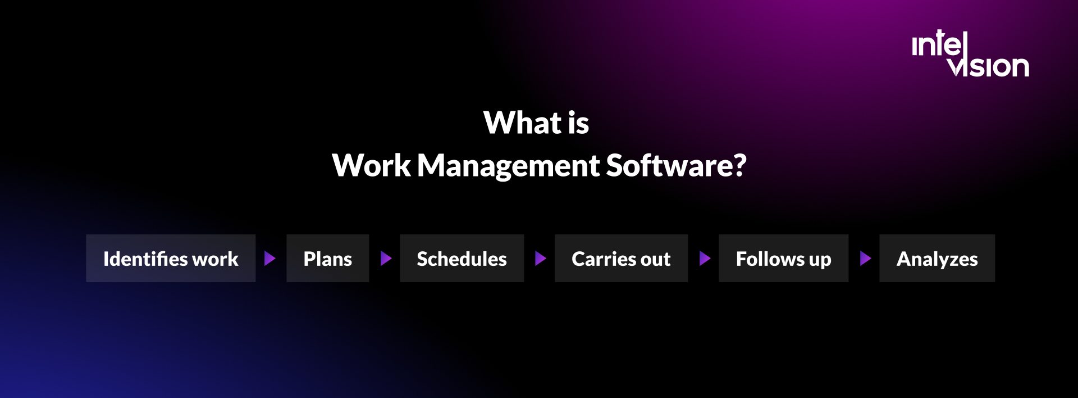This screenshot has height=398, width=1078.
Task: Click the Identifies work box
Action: pos(171,259)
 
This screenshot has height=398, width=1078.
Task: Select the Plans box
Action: pos(327,259)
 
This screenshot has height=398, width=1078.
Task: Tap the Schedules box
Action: pos(462,259)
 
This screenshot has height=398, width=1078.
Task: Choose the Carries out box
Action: pos(621,259)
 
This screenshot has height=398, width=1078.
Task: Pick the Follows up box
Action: pos(783,259)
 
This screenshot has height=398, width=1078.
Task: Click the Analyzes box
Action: pos(937,259)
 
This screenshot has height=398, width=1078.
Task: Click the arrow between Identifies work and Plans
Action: pos(270,259)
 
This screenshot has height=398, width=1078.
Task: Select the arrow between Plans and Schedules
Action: pos(386,259)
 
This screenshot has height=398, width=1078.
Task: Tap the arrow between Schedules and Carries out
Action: pos(540,259)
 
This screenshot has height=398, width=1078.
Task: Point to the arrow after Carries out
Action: pos(705,259)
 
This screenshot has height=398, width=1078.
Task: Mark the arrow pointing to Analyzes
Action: pos(865,259)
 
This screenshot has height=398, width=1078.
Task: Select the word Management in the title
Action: pos(508,166)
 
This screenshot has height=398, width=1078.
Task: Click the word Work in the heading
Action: pos(371,165)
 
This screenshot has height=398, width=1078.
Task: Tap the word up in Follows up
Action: pos(820,260)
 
